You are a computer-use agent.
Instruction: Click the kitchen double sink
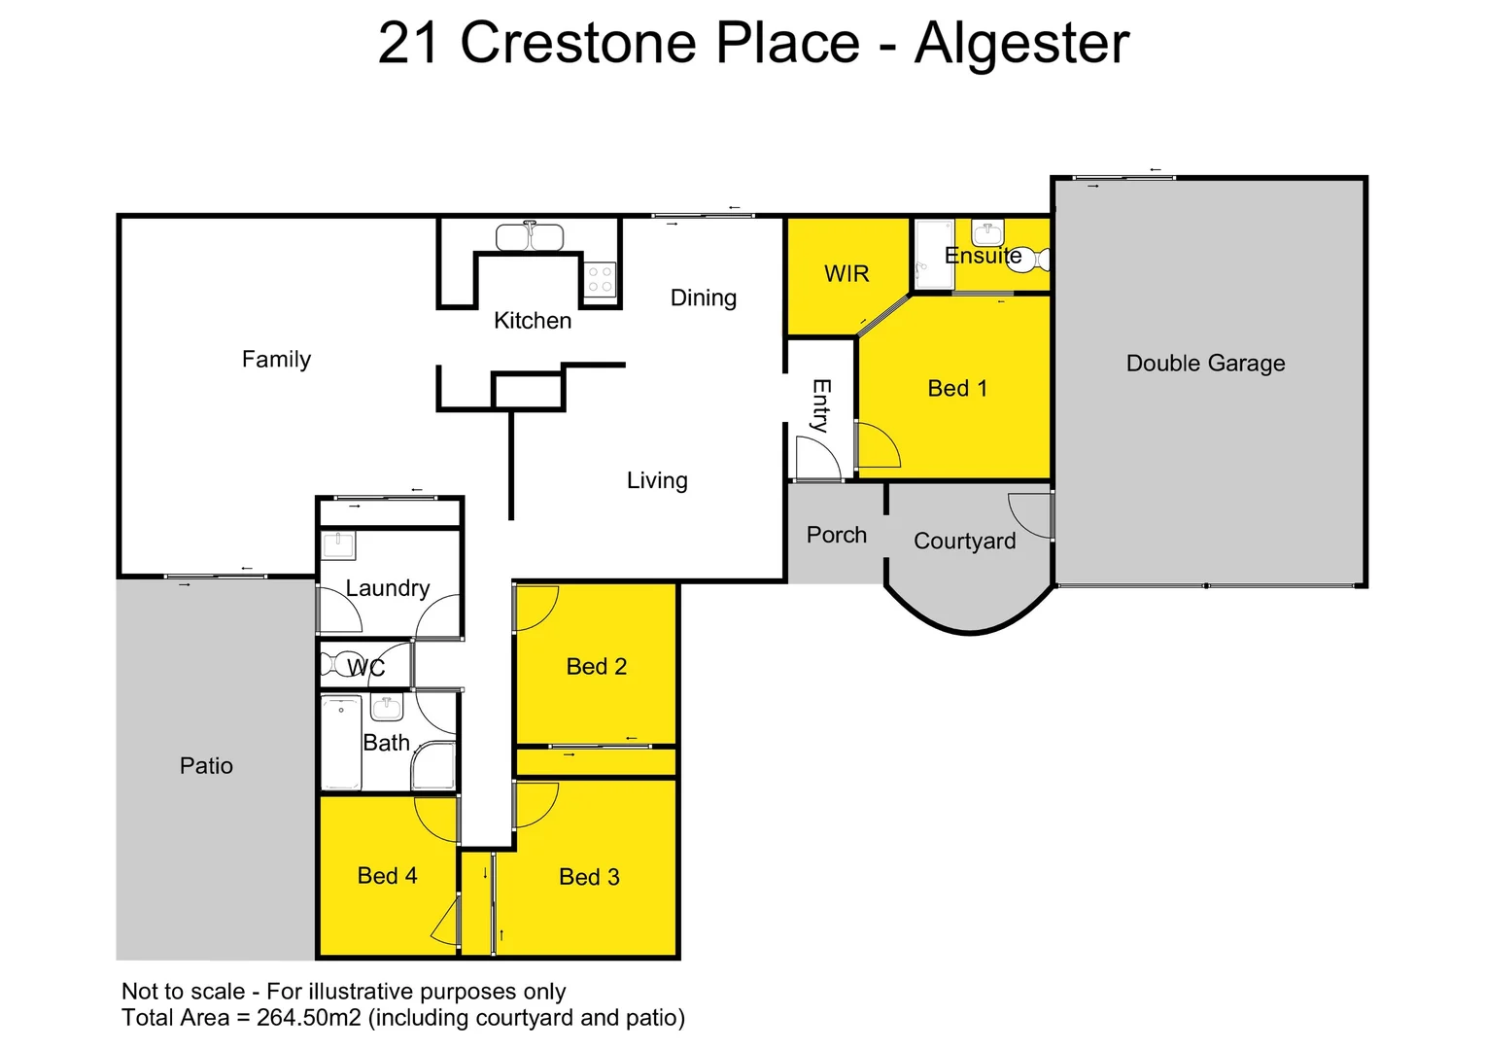click(x=530, y=237)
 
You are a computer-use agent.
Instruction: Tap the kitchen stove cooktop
click(x=600, y=280)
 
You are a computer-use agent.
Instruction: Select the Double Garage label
click(x=1205, y=363)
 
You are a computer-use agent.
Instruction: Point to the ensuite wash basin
click(x=987, y=232)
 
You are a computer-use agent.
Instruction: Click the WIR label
click(x=846, y=274)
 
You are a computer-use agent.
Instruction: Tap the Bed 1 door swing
click(x=878, y=446)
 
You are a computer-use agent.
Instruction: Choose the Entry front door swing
click(x=816, y=458)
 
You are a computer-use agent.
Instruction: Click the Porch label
click(x=836, y=535)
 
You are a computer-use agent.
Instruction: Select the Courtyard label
click(x=964, y=541)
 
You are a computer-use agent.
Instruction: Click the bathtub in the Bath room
click(x=341, y=743)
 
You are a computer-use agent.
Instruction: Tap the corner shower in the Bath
click(x=433, y=768)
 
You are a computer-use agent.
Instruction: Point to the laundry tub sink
click(x=338, y=544)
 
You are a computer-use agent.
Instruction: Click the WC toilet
click(x=342, y=666)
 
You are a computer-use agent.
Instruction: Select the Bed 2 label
click(x=596, y=667)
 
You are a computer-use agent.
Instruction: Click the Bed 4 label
click(x=387, y=876)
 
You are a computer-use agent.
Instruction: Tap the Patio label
click(x=206, y=766)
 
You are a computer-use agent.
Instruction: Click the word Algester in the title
click(x=1021, y=44)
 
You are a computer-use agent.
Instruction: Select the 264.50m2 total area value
click(x=309, y=1018)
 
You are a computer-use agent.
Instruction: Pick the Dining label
click(x=703, y=297)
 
